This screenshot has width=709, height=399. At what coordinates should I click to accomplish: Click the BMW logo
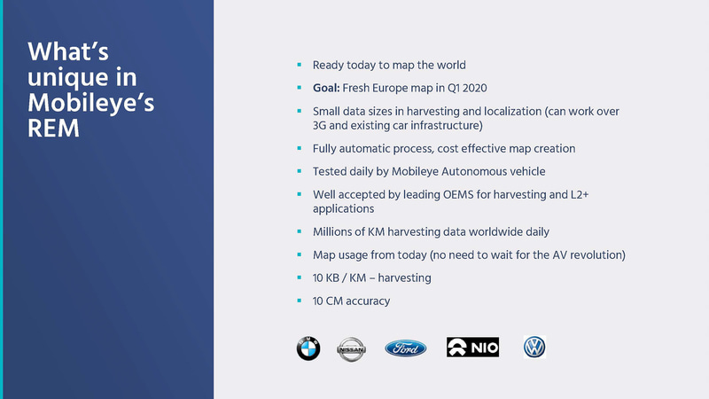308,348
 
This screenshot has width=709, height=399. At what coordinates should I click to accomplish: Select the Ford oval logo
405,348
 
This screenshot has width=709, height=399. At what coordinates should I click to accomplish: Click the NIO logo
472,348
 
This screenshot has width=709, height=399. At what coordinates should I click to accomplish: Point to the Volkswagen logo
534,347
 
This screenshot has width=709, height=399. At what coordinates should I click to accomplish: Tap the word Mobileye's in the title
91,102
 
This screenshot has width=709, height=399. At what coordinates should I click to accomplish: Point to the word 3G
321,125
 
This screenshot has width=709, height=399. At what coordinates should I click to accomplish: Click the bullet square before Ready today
300,65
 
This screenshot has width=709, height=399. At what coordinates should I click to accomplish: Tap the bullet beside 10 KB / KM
300,278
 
